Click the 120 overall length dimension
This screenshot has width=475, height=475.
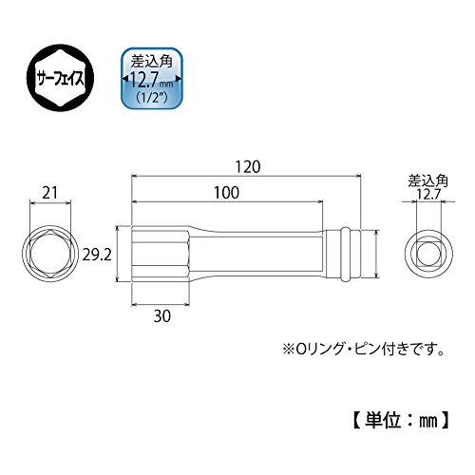(248, 167)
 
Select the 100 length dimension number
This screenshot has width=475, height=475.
(226, 193)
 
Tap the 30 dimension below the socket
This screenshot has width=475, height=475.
(162, 315)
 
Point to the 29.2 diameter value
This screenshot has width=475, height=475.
(97, 255)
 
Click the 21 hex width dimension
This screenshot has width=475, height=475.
(50, 193)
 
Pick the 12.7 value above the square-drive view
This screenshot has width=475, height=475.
(428, 194)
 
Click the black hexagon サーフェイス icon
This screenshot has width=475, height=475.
(60, 79)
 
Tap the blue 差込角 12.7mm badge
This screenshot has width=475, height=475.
(152, 79)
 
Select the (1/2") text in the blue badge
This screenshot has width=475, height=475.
(152, 98)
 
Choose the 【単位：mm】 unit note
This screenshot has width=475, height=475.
(401, 421)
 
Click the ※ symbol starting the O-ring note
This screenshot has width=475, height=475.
(289, 350)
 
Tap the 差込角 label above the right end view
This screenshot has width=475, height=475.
(428, 181)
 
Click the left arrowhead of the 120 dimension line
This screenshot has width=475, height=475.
(134, 175)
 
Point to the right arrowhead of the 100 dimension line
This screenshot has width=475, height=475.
(320, 201)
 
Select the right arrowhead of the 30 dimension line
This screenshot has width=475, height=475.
(187, 305)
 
